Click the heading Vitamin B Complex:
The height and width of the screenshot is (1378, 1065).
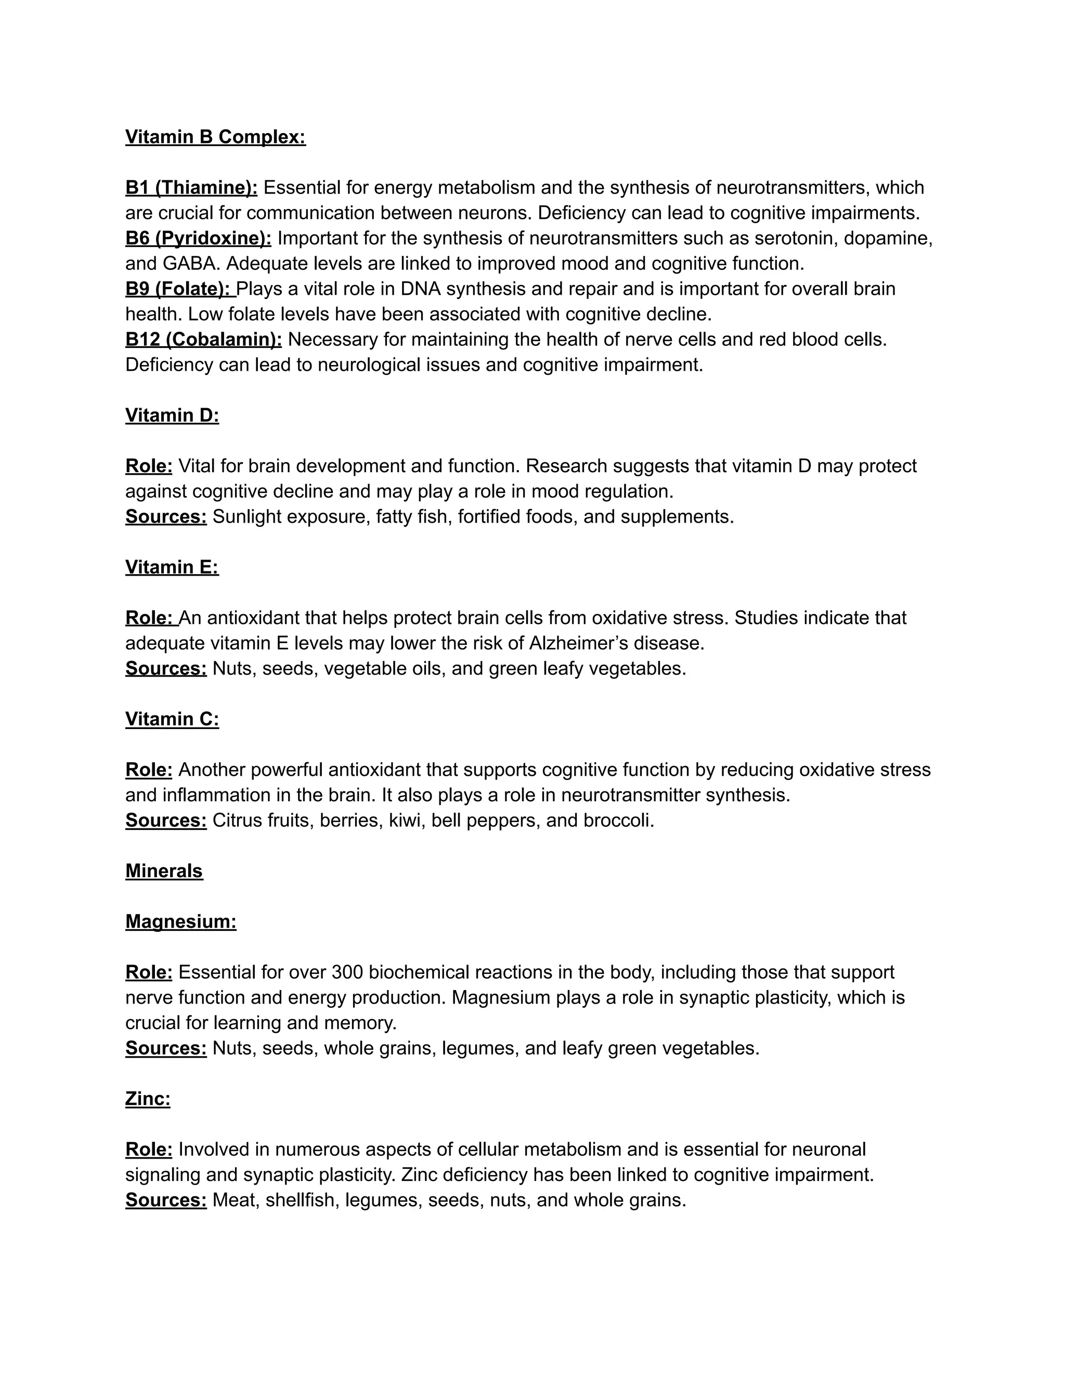coord(215,137)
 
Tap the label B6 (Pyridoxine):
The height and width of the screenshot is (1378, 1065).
coord(198,239)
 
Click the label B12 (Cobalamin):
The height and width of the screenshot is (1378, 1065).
coord(204,340)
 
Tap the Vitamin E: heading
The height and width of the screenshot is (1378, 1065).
coord(172,567)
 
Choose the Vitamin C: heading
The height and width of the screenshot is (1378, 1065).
coord(172,719)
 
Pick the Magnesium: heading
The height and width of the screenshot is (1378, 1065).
coord(181,921)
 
